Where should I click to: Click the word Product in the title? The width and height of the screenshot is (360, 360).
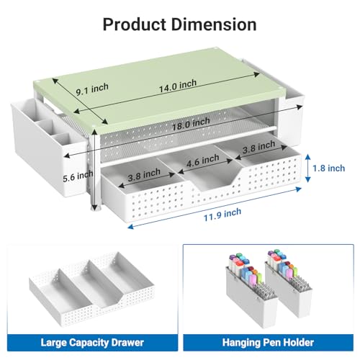coord(135,24)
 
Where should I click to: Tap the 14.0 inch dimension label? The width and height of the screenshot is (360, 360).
coord(178,86)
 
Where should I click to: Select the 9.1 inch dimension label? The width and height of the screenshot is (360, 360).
coord(92,89)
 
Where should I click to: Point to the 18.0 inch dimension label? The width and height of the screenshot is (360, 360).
coord(191,124)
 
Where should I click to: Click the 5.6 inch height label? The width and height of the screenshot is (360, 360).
coord(78,176)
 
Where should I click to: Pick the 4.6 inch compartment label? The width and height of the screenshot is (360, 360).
coord(203,161)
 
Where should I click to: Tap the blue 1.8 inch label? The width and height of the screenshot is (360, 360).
coord(328,168)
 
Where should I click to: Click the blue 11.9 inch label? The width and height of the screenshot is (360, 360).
coord(222,215)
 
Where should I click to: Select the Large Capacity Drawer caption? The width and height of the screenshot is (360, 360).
coord(92,343)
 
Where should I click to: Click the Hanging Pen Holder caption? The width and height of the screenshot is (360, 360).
coord(268,343)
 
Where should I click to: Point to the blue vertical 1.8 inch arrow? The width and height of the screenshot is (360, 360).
coord(308,168)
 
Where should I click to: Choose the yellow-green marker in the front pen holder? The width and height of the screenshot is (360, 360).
coord(259,279)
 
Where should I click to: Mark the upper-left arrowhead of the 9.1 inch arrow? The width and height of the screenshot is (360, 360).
coord(55,80)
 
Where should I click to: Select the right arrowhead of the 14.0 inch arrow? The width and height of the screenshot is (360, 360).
coord(256,74)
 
